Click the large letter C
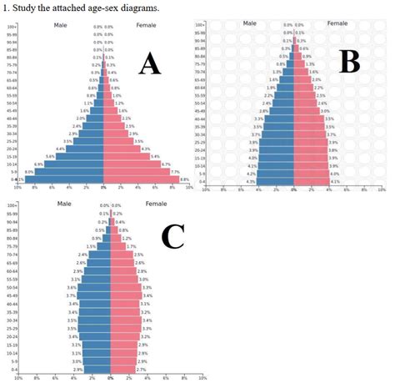(x=172, y=237)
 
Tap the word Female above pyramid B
(x=337, y=23)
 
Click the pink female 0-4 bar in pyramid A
(x=140, y=179)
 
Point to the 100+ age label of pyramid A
(x=12, y=27)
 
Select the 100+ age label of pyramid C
(x=12, y=205)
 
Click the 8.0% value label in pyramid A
(x=29, y=172)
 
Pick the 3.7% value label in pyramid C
(x=72, y=295)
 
